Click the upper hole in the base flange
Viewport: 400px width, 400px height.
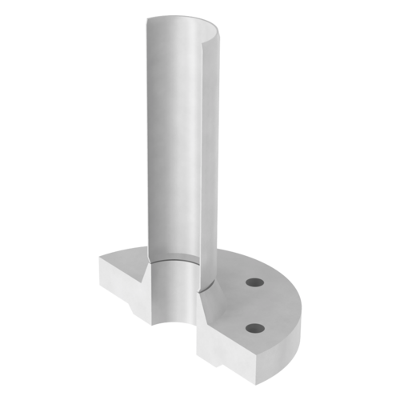coord(255,282)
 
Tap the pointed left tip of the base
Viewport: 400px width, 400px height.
coord(99,258)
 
